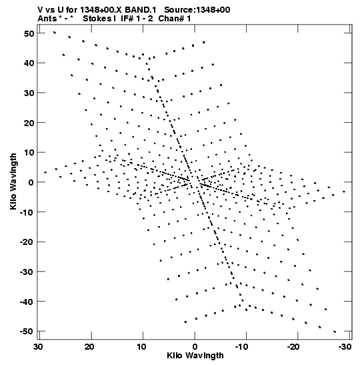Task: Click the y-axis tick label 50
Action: pyautogui.click(x=29, y=33)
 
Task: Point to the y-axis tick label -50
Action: pyautogui.click(x=27, y=331)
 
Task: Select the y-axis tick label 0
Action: pyautogui.click(x=31, y=182)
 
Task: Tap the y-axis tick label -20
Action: pyautogui.click(x=27, y=242)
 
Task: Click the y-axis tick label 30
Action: pyautogui.click(x=29, y=93)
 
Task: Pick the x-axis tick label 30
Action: pyautogui.click(x=38, y=347)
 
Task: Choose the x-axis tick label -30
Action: pyautogui.click(x=345, y=347)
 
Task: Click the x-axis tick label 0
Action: pyautogui.click(x=195, y=347)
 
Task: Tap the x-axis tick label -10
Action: pyautogui.click(x=242, y=347)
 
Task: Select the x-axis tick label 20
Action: pyautogui.click(x=89, y=347)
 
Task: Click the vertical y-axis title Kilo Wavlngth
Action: pyautogui.click(x=13, y=181)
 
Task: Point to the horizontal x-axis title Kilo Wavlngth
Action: pyautogui.click(x=195, y=356)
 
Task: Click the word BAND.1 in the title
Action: pyautogui.click(x=141, y=10)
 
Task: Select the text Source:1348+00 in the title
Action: pyautogui.click(x=197, y=10)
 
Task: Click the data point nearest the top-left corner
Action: pyautogui.click(x=55, y=32)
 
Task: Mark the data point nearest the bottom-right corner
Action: pyautogui.click(x=335, y=332)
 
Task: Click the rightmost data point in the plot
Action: pyautogui.click(x=344, y=192)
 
